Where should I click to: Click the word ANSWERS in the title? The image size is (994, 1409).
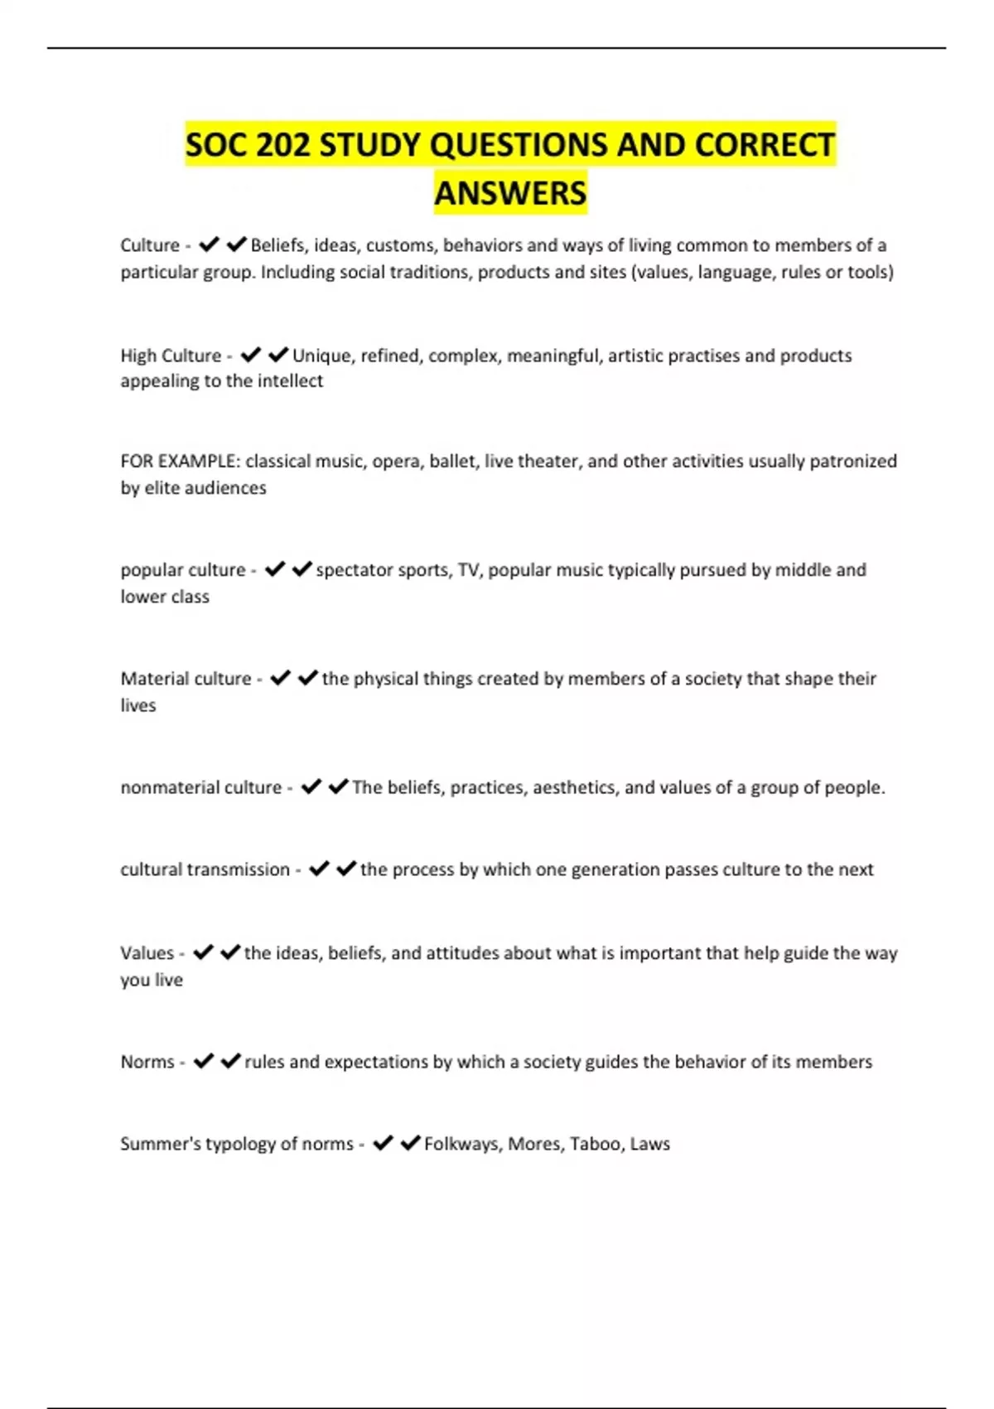click(510, 193)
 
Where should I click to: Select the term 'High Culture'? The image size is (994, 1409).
click(171, 356)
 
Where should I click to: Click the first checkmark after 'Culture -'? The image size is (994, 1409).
click(209, 245)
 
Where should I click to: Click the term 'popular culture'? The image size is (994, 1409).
click(183, 570)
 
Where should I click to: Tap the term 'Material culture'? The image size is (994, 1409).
click(186, 679)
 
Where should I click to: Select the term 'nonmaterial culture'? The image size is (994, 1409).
click(201, 787)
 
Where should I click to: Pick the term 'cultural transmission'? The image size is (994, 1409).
click(205, 869)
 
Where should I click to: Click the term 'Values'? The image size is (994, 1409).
click(147, 953)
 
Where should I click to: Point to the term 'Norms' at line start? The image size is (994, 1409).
click(147, 1062)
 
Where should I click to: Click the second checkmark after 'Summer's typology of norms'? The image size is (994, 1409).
click(410, 1143)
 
